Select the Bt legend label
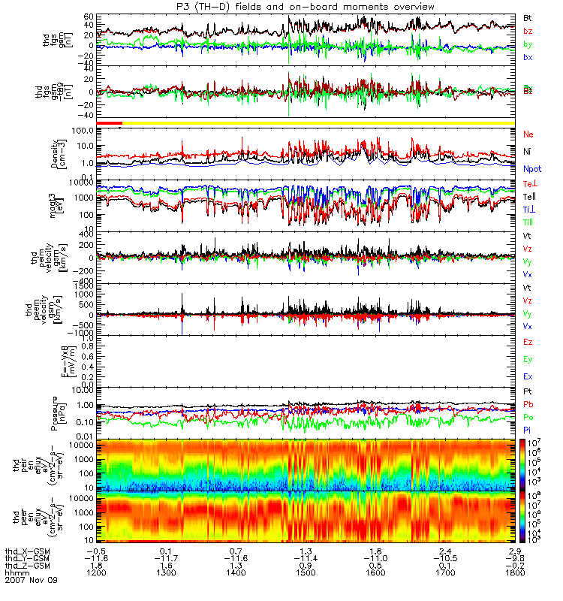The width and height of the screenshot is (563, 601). [x=528, y=17]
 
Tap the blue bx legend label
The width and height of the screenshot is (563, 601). [x=528, y=58]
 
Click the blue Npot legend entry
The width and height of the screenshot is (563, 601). [x=531, y=170]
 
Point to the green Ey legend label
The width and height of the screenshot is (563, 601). [x=528, y=360]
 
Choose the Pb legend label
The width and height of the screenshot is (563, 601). [x=528, y=404]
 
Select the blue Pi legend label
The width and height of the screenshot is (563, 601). [x=528, y=430]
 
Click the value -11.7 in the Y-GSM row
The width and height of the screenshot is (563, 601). [x=169, y=557]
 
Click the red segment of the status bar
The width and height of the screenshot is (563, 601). [x=110, y=122]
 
